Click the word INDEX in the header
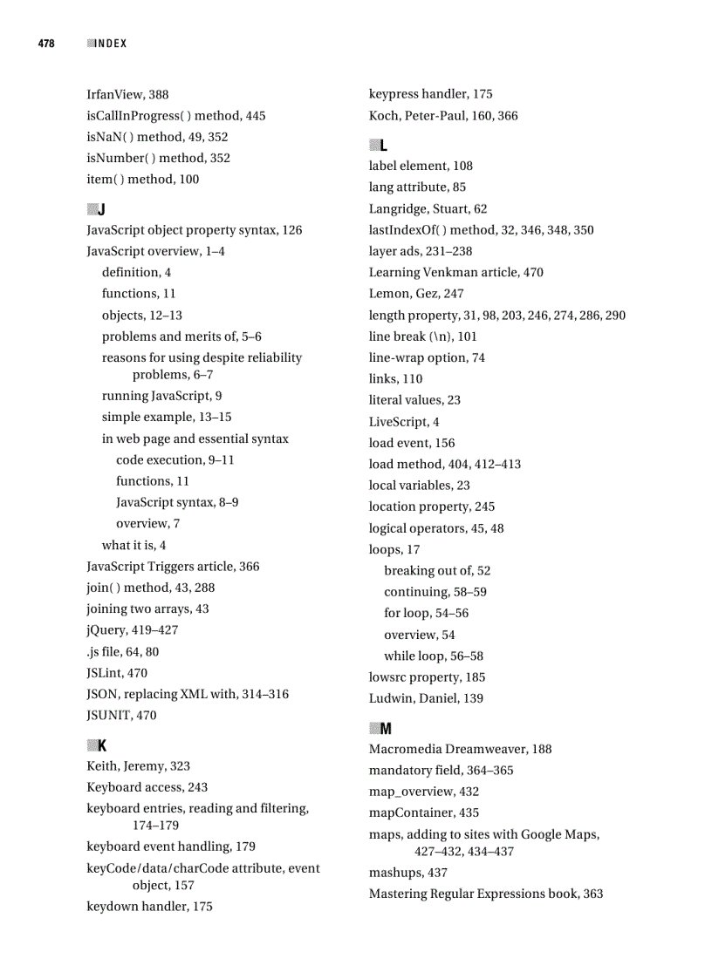111,44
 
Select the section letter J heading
101,209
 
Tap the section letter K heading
102,745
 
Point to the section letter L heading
384,145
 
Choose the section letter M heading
386,728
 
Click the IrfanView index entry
127,94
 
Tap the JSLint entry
117,673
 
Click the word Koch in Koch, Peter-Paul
384,116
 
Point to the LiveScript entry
404,422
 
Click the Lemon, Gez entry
416,294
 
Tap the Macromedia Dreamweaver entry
460,749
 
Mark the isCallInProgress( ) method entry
176,116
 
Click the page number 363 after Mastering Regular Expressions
592,894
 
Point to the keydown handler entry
149,907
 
